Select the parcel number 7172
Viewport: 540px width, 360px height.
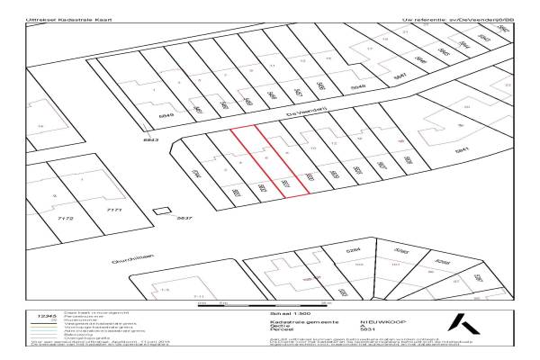click(66, 219)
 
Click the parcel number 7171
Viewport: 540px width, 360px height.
click(114, 211)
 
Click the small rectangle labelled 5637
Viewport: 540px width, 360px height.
click(163, 212)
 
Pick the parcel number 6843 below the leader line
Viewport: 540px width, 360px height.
click(150, 140)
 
